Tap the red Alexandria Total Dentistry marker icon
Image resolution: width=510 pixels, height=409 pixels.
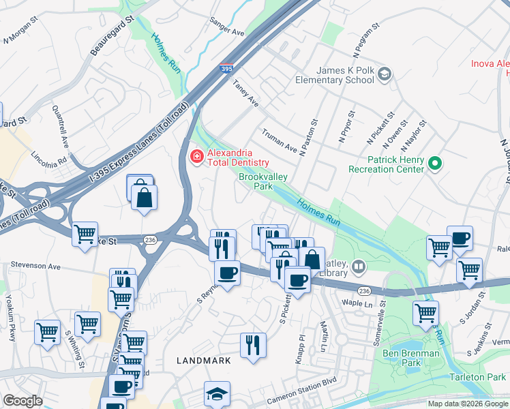[x=196, y=157]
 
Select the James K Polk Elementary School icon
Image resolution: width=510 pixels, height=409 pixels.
[x=385, y=74]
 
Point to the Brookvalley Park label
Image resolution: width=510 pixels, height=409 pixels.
[x=263, y=181]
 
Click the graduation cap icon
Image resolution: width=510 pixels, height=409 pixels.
[x=217, y=394]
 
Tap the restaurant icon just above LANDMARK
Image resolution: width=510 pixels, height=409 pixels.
[x=252, y=345]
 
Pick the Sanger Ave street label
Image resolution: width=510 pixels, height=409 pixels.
[x=227, y=28]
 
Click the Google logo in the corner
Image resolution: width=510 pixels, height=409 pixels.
[x=23, y=401]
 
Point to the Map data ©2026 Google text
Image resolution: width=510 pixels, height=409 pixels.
[x=468, y=404]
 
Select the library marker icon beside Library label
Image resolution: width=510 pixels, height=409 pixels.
[x=359, y=265]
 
